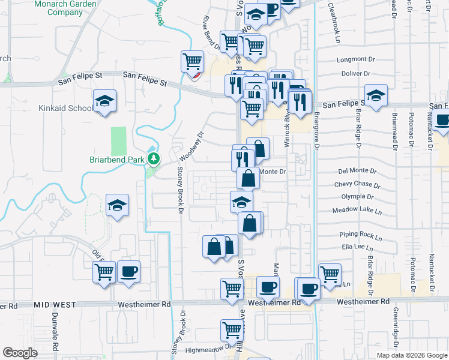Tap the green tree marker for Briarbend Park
point(155,159)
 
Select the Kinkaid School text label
point(67,108)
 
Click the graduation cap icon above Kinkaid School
point(104,101)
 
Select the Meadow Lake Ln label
point(357,211)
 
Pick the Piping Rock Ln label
point(361,236)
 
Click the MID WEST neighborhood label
point(55,305)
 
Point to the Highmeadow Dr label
point(207,347)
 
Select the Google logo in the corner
point(20,353)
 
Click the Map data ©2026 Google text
point(411,355)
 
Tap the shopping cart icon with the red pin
point(192,62)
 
